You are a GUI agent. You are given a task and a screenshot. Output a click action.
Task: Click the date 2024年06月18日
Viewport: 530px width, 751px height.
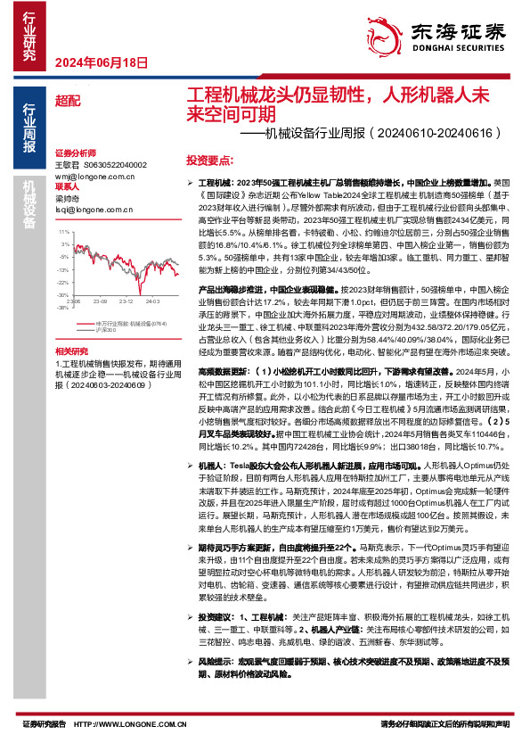pyautogui.click(x=100, y=62)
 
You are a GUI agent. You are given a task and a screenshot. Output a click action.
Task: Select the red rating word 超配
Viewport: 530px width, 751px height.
pyautogui.click(x=66, y=101)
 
